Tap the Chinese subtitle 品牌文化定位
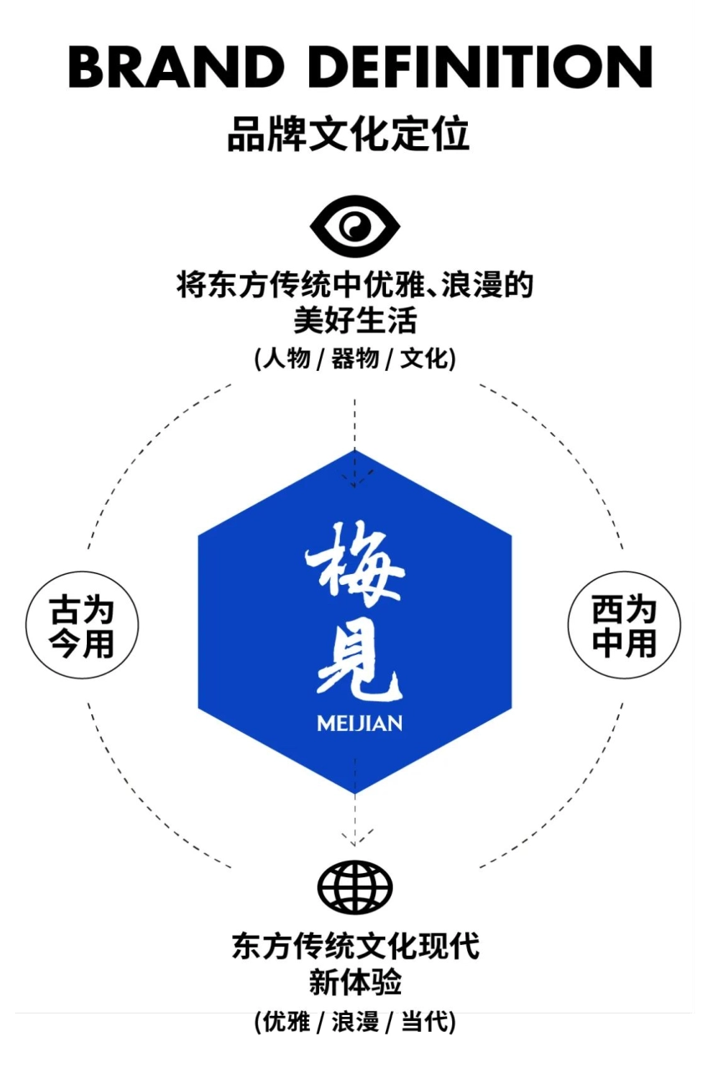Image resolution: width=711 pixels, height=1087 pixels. [x=348, y=135]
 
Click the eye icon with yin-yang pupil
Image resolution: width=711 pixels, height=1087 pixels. [x=355, y=226]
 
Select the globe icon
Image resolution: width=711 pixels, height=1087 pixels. [x=355, y=886]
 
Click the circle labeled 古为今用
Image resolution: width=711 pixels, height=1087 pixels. [x=82, y=626]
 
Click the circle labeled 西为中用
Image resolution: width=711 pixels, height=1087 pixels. [x=624, y=626]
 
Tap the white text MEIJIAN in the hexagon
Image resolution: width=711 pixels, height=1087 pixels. [x=359, y=723]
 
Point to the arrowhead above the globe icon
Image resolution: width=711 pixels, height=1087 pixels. [x=355, y=838]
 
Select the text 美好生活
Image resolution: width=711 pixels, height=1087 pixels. [x=355, y=320]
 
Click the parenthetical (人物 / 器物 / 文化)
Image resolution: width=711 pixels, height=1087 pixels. [x=355, y=359]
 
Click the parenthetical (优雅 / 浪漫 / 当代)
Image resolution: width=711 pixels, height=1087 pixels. [x=355, y=1021]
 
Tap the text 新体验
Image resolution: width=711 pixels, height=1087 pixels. [x=355, y=982]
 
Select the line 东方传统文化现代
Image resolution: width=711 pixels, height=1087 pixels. [x=355, y=946]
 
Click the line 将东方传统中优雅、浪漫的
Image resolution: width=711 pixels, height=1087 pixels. [x=355, y=286]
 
